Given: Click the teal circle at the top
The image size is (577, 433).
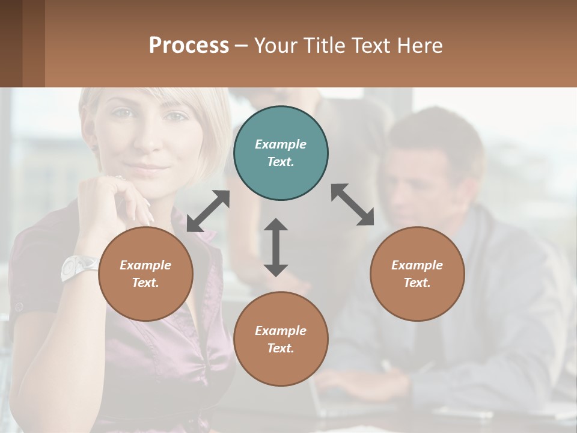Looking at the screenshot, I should pos(281,153).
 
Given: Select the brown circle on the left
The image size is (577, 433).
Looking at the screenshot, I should pos(145,274).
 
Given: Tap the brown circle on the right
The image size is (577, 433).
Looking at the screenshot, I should pos(417,274).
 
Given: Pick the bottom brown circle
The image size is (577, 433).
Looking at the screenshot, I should pos(281,339).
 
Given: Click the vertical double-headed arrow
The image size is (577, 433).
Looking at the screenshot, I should pos(276,247).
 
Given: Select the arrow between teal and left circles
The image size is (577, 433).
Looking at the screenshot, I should pos(208,211).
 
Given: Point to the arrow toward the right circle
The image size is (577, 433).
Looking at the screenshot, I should pos(352,204).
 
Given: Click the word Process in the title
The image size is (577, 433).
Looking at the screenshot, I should pos(189,45).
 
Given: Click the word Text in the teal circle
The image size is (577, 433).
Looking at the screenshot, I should pos(281,162).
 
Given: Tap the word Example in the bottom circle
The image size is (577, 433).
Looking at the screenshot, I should pos(281,330).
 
